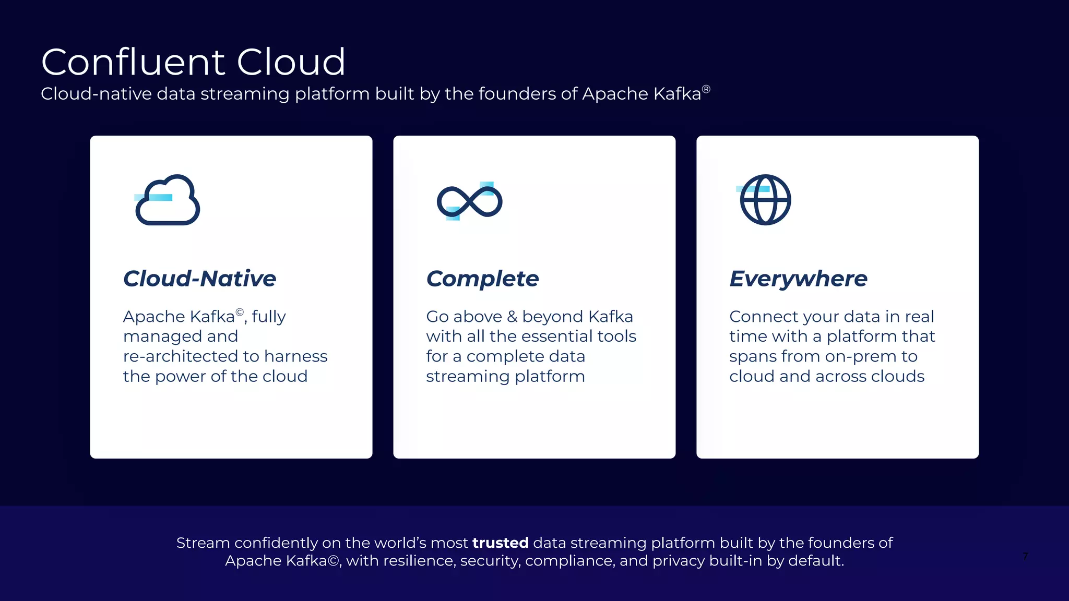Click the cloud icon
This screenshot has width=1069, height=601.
(x=168, y=200)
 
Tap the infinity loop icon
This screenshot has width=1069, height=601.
(x=469, y=201)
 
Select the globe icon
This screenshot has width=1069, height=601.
(x=765, y=200)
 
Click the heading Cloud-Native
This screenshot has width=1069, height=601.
(x=199, y=279)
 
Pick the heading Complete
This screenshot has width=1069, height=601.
(x=482, y=279)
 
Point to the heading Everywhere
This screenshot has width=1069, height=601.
(x=798, y=279)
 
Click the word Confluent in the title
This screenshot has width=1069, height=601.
(x=134, y=62)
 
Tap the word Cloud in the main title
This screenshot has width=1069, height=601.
(x=291, y=62)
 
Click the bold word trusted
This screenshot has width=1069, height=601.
(x=500, y=543)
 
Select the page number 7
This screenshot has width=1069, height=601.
(x=1025, y=557)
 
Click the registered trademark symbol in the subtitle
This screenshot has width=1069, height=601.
(x=706, y=89)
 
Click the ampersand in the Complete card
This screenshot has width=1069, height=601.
(x=512, y=317)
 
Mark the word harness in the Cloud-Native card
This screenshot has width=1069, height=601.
(x=295, y=356)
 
